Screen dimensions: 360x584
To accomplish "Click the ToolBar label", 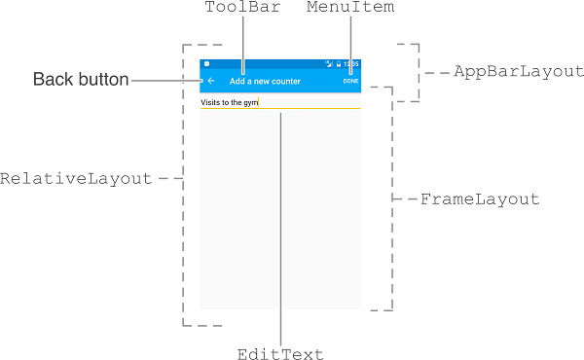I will (x=241, y=8).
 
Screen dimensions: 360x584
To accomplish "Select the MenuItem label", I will (x=349, y=8).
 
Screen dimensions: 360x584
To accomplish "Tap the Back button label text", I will (x=81, y=80).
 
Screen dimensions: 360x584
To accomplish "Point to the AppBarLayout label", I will (x=518, y=72).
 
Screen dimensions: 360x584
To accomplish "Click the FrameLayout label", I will (x=479, y=199).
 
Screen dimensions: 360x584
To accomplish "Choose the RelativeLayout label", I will (x=76, y=179).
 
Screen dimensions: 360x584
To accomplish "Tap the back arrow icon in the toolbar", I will (x=211, y=81).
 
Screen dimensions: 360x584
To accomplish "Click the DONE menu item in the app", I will (x=350, y=81).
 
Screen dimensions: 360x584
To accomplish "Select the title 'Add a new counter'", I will (x=265, y=81).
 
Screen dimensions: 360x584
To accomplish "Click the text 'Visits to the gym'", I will (x=229, y=101).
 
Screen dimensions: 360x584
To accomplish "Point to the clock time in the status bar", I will (x=352, y=64).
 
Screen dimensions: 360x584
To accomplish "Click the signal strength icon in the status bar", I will (x=331, y=64).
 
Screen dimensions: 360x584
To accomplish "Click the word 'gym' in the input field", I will (x=251, y=102).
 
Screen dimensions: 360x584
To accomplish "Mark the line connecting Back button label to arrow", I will (x=165, y=81).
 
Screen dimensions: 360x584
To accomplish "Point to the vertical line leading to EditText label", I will (x=280, y=234).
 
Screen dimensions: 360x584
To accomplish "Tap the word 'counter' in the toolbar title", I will (x=286, y=81).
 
